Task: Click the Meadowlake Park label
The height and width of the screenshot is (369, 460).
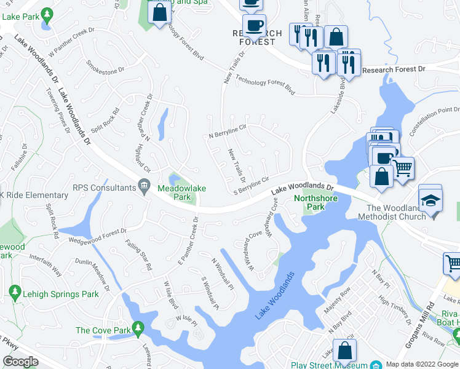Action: coord(181,192)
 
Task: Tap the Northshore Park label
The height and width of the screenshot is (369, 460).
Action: coord(309,202)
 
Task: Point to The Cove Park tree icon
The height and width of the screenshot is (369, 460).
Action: coord(139,330)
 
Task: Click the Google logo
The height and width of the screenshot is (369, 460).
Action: coord(20,362)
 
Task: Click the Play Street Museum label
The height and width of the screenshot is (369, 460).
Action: coord(328,365)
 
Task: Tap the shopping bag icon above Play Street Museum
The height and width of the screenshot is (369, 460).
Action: coord(345,351)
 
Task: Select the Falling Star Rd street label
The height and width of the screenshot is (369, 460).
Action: coord(138,255)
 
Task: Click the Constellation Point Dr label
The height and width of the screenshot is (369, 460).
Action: coord(435,119)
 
